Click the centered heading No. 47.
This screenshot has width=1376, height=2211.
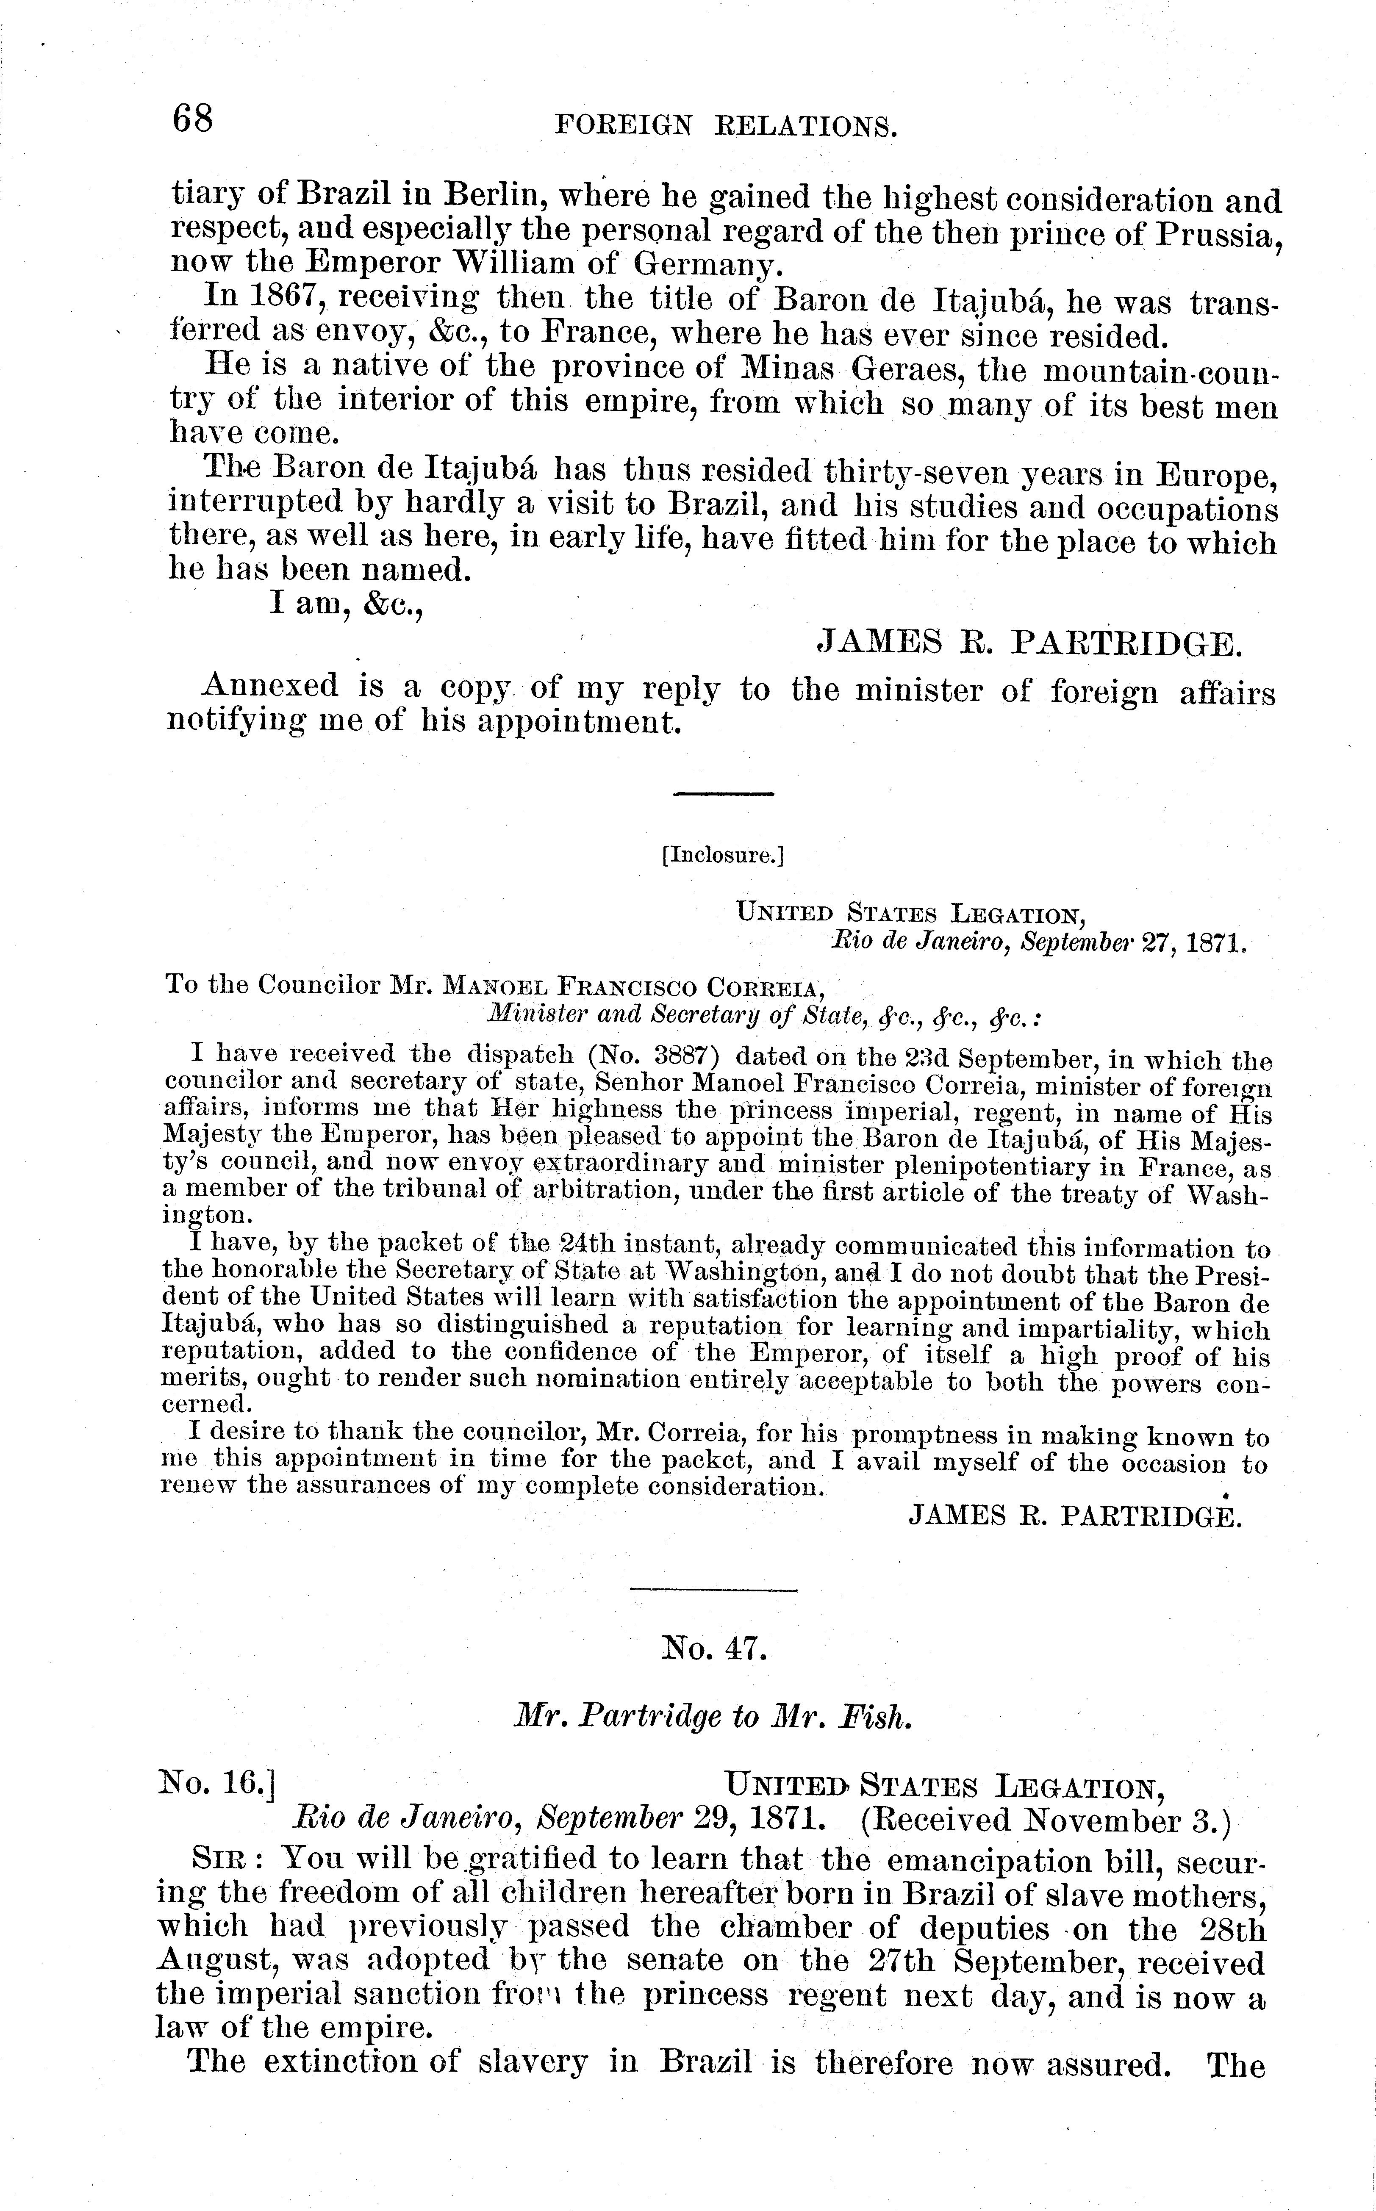pyautogui.click(x=715, y=1648)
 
